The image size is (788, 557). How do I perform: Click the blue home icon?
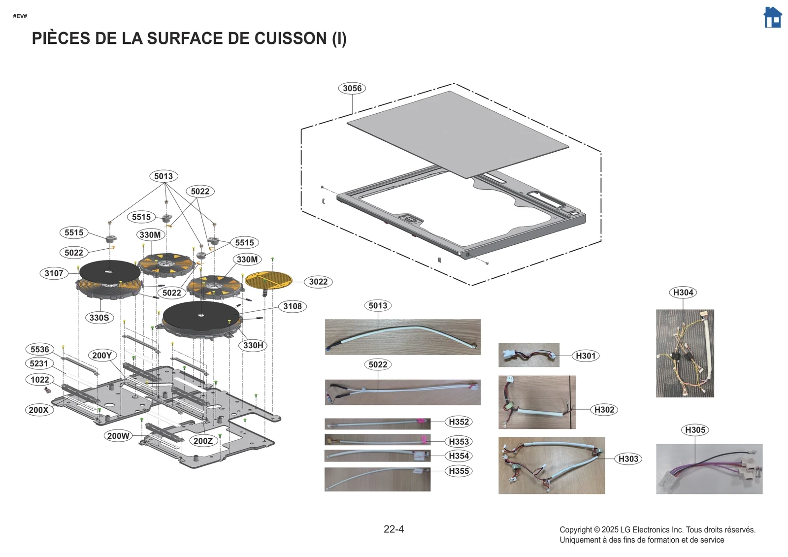tap(772, 18)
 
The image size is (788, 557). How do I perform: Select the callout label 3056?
tap(352, 89)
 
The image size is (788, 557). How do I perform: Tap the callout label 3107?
tap(54, 273)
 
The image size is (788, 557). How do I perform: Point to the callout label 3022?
tap(318, 282)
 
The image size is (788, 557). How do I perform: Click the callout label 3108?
tap(292, 306)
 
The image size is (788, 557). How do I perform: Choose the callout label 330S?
tap(99, 318)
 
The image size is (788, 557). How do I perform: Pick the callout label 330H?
tap(253, 345)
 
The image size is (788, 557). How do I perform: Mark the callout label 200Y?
tap(102, 355)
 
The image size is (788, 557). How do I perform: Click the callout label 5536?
tap(39, 349)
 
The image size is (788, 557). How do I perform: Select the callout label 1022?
tap(39, 380)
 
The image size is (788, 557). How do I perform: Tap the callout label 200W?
tap(118, 436)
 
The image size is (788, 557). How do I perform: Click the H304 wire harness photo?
tap(685, 353)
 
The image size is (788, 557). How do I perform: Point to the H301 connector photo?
tap(528, 355)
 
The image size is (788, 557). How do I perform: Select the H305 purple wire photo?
tap(709, 469)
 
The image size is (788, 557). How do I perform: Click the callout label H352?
tap(459, 422)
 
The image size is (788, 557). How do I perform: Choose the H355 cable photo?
tap(377, 479)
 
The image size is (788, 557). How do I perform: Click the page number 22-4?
tap(394, 529)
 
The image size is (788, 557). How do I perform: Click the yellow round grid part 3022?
tap(268, 280)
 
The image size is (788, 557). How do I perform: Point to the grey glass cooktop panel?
tap(458, 133)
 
